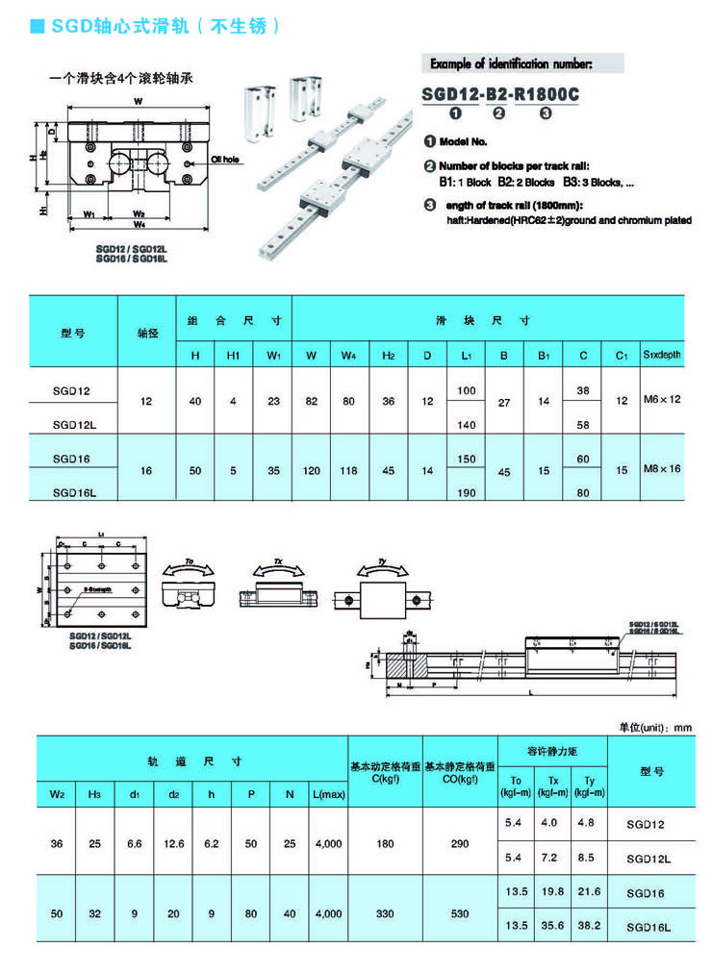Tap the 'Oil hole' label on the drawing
tap(223, 161)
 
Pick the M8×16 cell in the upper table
tap(661, 469)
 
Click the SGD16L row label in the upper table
tap(72, 491)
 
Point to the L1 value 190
tap(467, 491)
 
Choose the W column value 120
tap(311, 470)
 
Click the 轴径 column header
tap(146, 333)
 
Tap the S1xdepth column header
tap(661, 356)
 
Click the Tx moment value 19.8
tap(549, 893)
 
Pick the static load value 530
tap(460, 911)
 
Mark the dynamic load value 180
tap(385, 843)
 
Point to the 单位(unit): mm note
tap(655, 728)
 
